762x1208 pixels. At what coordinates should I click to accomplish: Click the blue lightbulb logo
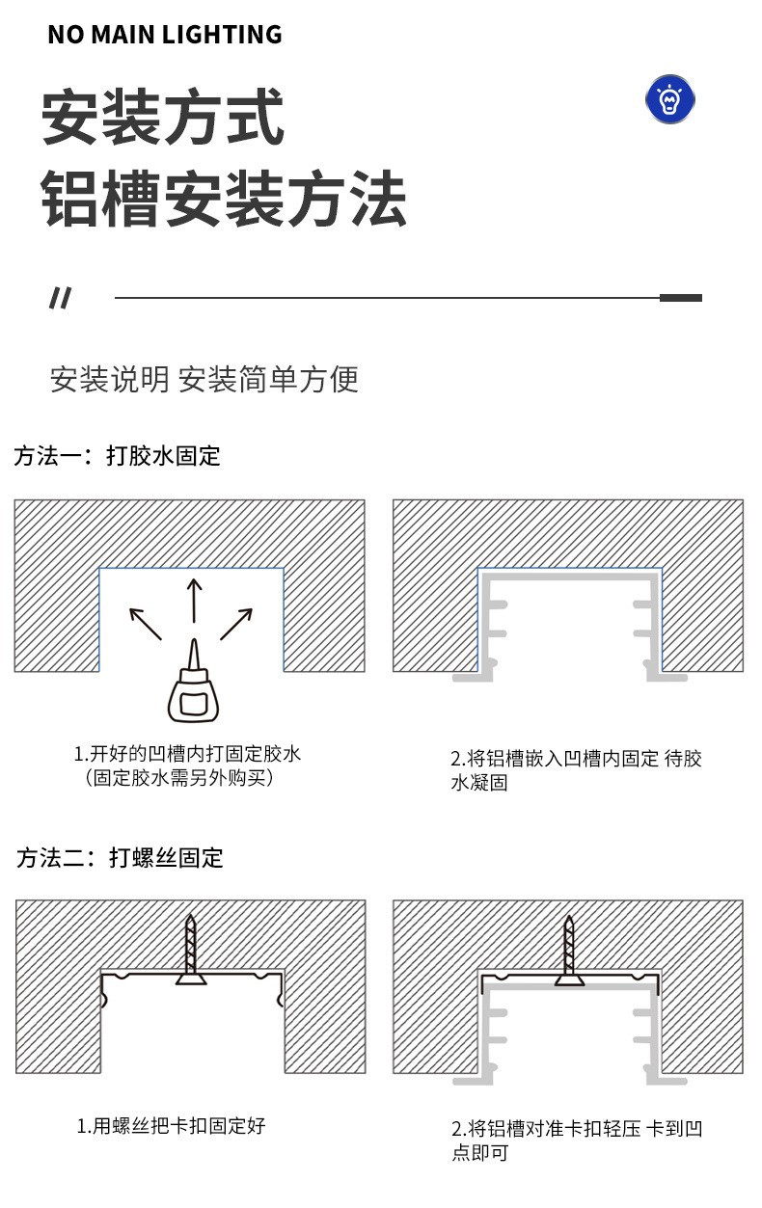pyautogui.click(x=670, y=99)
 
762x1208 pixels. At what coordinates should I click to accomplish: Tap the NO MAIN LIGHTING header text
pyautogui.click(x=165, y=35)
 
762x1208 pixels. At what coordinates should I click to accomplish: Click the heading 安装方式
pyautogui.click(x=163, y=119)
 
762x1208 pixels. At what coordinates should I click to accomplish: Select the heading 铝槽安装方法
pyautogui.click(x=224, y=200)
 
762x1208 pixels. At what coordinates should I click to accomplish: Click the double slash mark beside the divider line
pyautogui.click(x=60, y=299)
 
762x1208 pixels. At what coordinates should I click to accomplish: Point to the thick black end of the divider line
pyautogui.click(x=681, y=298)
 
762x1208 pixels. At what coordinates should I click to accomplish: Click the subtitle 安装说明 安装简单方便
pyautogui.click(x=204, y=379)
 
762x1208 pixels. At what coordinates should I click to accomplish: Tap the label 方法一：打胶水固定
pyautogui.click(x=118, y=456)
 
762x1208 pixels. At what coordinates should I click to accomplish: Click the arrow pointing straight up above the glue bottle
pyautogui.click(x=194, y=599)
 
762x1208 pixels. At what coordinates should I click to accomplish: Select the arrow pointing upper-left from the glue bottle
pyautogui.click(x=146, y=623)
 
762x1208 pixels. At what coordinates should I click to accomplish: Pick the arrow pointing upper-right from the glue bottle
pyautogui.click(x=237, y=623)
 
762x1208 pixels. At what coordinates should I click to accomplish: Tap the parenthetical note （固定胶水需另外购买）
pyautogui.click(x=179, y=777)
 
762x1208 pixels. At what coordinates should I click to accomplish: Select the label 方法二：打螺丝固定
pyautogui.click(x=120, y=857)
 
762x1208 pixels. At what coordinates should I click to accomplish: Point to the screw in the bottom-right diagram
pyautogui.click(x=570, y=950)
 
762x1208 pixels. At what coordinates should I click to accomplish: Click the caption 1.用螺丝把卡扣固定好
pyautogui.click(x=172, y=1125)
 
